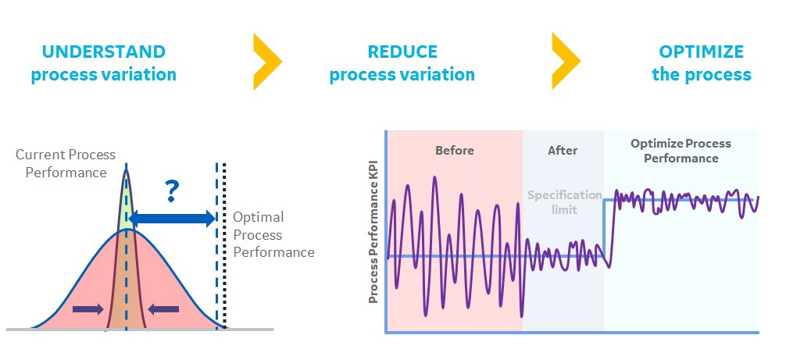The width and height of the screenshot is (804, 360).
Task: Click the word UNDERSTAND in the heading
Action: (104, 52)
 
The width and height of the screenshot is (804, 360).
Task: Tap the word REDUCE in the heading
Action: (402, 52)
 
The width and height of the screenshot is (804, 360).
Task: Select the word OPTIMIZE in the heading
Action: (701, 52)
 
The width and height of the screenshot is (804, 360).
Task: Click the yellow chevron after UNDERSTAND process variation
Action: (267, 62)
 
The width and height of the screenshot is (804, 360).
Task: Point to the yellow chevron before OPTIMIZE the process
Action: (566, 61)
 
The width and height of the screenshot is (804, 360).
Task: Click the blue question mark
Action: (172, 191)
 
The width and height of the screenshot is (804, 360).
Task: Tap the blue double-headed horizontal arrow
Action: (172, 219)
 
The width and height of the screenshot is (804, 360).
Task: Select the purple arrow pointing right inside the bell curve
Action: (88, 308)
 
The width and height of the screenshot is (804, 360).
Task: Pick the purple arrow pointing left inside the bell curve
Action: (163, 308)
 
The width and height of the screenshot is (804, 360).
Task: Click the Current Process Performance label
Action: (66, 163)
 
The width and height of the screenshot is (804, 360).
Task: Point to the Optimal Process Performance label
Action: (273, 234)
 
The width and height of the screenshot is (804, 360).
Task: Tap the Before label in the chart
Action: (454, 150)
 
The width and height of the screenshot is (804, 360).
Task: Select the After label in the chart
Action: (563, 150)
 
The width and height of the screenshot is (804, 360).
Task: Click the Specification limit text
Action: (565, 202)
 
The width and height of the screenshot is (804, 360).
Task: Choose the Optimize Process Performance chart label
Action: (681, 151)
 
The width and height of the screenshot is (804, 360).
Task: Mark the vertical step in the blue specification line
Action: (604, 228)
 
